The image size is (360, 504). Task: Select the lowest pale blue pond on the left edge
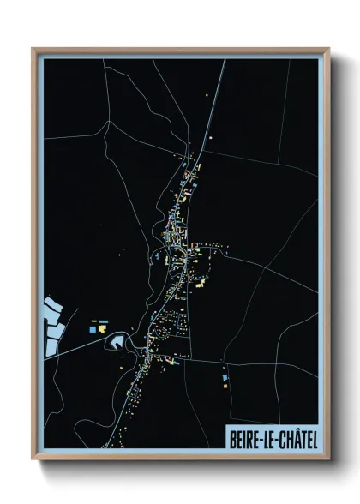click(x=51, y=346)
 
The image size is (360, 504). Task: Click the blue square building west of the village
click(x=93, y=327)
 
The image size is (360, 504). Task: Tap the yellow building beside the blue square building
click(x=102, y=327)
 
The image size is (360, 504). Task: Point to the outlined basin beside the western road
click(x=115, y=342)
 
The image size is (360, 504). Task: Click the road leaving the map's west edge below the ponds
click(x=51, y=357)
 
